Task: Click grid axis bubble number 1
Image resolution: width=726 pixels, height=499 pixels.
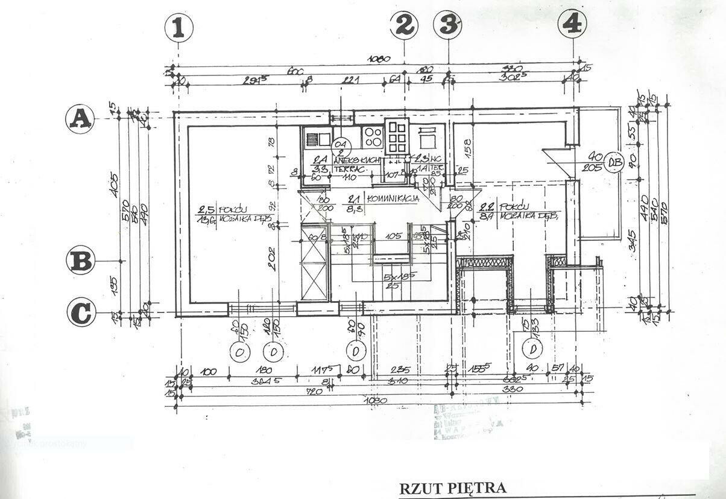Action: tap(178, 28)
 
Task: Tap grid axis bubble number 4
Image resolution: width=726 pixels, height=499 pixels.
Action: tap(572, 24)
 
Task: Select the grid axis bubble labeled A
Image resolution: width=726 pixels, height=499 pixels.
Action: tap(80, 119)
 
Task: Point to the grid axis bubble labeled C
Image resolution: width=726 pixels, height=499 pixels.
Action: tap(81, 313)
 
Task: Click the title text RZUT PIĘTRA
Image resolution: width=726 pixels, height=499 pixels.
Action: tap(453, 488)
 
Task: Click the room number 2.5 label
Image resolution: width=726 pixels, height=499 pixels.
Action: tap(206, 210)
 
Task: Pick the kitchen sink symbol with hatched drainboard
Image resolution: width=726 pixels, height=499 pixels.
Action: tap(317, 139)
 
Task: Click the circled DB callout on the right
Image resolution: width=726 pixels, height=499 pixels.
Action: tap(614, 162)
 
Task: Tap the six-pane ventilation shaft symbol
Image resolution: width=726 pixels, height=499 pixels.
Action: tap(397, 137)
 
